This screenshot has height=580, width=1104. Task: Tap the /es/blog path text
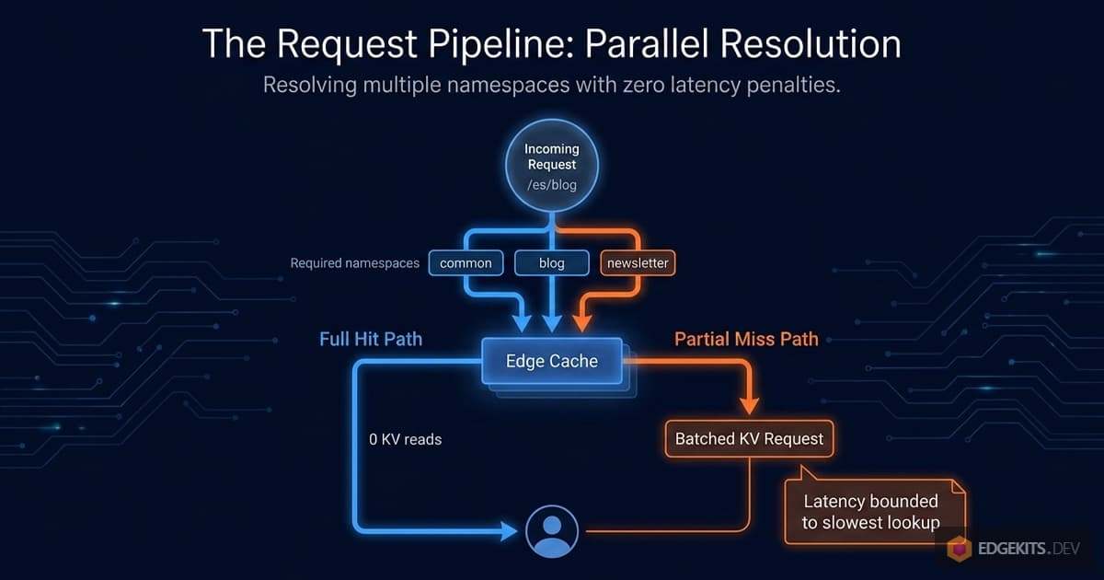(x=551, y=185)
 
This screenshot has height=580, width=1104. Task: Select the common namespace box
(x=466, y=263)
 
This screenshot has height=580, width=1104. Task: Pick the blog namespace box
(x=551, y=263)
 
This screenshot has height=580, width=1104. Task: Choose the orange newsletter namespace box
(x=638, y=263)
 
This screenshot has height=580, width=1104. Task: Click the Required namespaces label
(x=354, y=263)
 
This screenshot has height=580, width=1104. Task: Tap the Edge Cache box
(x=552, y=361)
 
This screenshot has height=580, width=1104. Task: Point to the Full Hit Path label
(x=371, y=339)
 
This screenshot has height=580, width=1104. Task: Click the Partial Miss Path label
(x=746, y=339)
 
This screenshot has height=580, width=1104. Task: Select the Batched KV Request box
(x=749, y=439)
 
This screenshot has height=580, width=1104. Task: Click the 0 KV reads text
(x=405, y=440)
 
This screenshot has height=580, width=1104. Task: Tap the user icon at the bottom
(x=552, y=531)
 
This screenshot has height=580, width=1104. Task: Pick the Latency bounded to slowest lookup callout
(x=870, y=512)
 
